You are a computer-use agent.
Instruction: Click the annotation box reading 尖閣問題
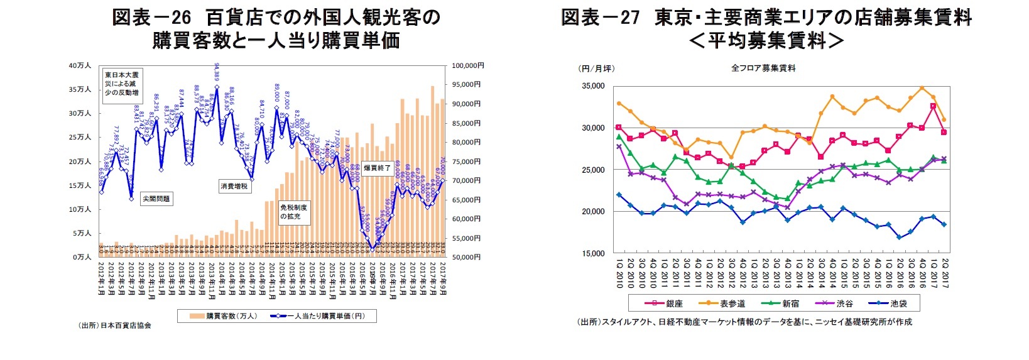pos(156,199)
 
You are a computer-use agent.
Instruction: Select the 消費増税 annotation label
pos(234,187)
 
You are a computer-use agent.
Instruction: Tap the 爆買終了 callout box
pos(377,168)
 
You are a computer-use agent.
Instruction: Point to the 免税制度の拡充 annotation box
pos(293,212)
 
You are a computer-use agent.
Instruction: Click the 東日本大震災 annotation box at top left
pos(122,84)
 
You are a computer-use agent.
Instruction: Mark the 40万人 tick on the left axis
pos(80,66)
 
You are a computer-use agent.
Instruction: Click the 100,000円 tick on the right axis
pos(467,65)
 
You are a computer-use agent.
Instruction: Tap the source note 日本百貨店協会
pos(115,325)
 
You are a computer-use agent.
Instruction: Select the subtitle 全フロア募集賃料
pos(763,68)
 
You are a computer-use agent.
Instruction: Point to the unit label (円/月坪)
pos(596,68)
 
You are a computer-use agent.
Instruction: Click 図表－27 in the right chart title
pos(600,17)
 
